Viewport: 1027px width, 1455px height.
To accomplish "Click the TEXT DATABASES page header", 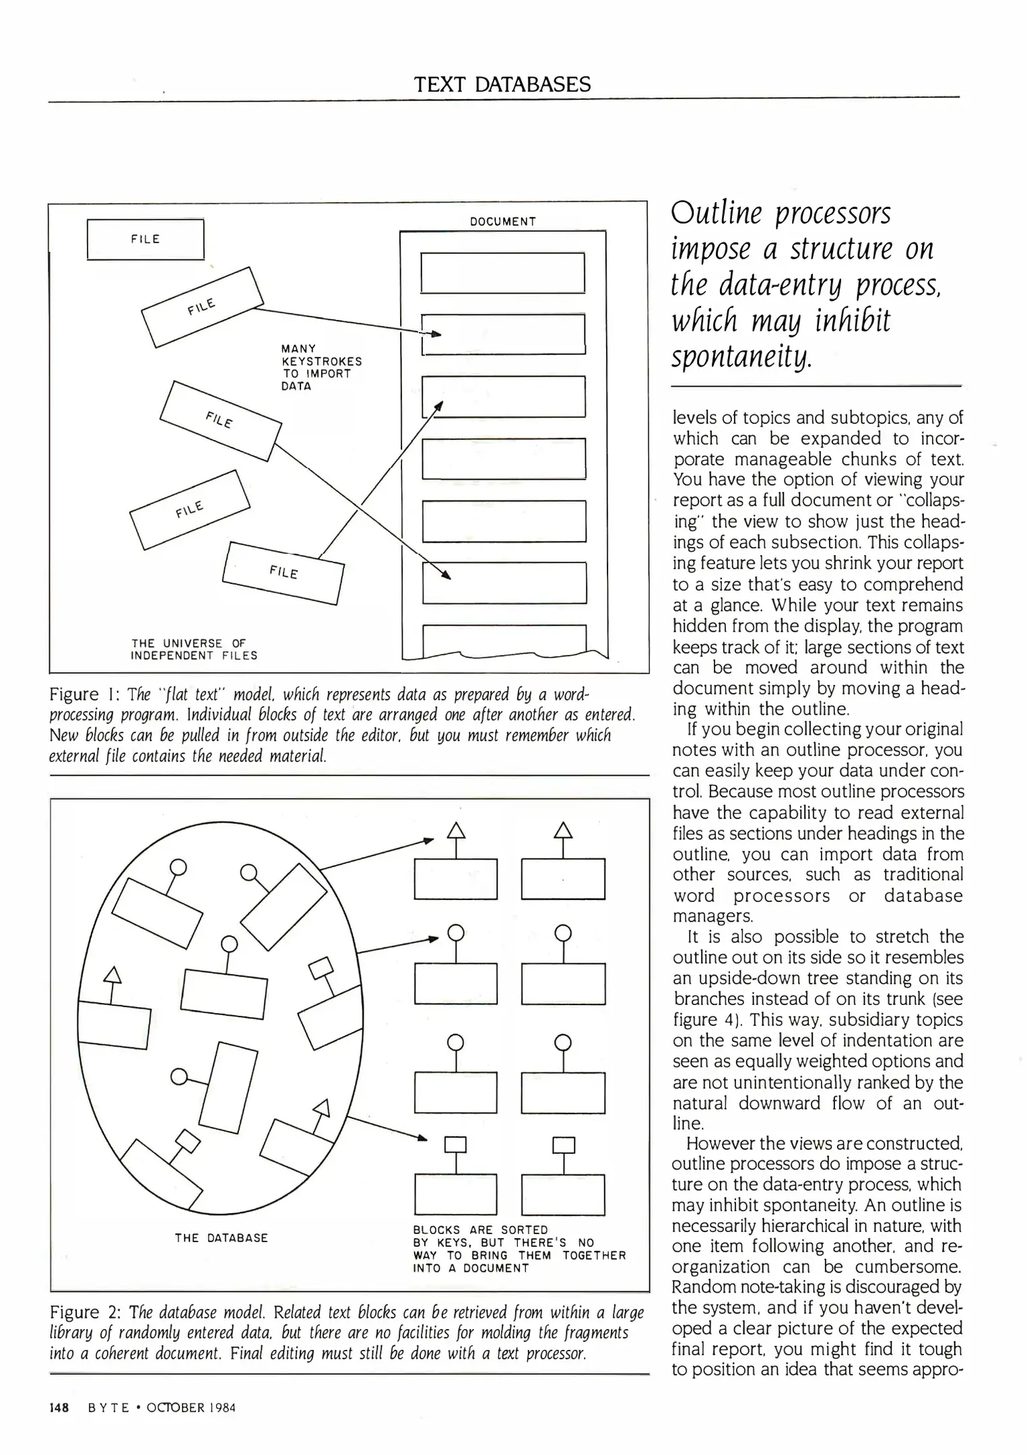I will tap(502, 84).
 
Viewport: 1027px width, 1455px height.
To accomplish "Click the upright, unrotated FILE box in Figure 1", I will tap(145, 239).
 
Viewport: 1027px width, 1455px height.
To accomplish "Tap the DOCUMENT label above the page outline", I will tap(502, 222).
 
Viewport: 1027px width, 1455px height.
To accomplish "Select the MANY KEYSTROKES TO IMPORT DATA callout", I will tap(321, 367).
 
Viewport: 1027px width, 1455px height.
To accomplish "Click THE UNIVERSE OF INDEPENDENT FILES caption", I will tap(194, 649).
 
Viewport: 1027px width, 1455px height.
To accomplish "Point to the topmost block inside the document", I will tap(502, 273).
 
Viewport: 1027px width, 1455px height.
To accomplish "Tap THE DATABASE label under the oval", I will tap(221, 1238).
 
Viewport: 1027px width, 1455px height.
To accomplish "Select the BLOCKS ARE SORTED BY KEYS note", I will tap(519, 1249).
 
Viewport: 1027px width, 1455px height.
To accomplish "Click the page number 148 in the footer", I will tap(59, 1408).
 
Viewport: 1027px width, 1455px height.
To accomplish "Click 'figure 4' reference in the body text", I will tap(706, 1020).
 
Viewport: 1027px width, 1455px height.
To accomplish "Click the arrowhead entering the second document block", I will tap(436, 333).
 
